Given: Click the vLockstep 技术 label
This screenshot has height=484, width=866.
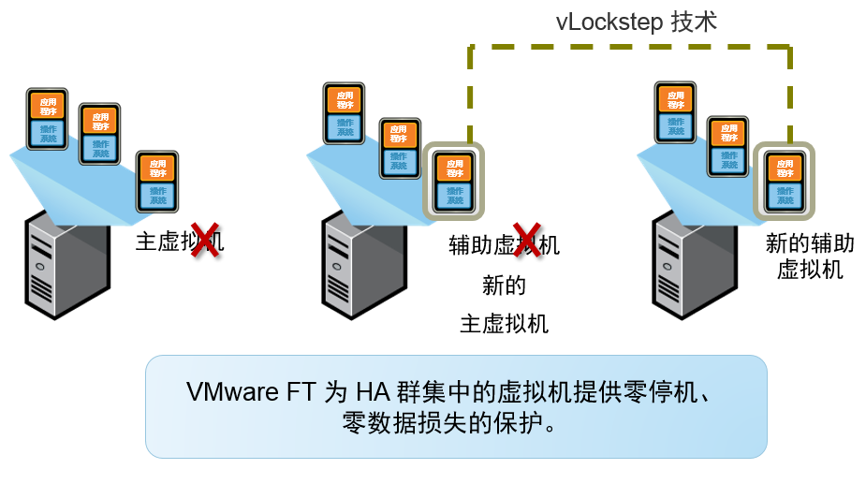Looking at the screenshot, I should click(x=636, y=21).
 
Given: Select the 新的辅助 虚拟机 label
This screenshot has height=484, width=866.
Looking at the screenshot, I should click(x=810, y=257).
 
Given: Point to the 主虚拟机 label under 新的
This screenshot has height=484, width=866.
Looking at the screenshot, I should click(x=505, y=325).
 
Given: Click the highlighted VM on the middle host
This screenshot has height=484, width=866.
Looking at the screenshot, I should click(x=454, y=181).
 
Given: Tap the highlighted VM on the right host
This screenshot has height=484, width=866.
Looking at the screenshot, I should click(x=784, y=181).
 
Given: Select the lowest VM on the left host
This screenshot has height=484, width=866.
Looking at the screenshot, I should click(x=156, y=181).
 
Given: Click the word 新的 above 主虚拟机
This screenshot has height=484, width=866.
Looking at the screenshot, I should click(x=505, y=286).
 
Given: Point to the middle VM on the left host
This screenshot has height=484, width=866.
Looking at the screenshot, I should click(x=99, y=133).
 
